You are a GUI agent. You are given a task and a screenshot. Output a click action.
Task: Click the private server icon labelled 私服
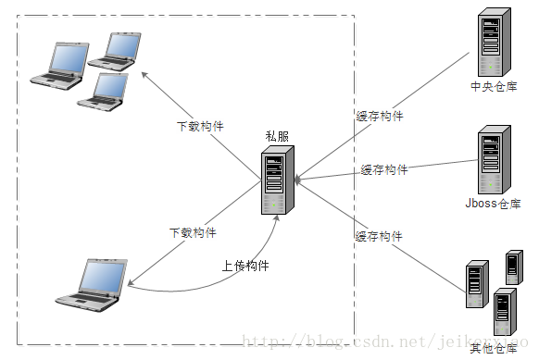pos(275,181)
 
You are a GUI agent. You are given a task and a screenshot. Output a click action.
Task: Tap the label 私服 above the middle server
pos(276,137)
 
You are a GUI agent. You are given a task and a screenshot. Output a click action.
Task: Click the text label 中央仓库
pos(493,87)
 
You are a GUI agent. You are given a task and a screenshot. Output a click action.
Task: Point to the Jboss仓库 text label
pos(493,204)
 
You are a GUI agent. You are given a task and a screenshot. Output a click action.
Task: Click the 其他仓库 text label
pos(493,348)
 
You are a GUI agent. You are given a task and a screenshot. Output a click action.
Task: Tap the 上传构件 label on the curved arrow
pos(245,266)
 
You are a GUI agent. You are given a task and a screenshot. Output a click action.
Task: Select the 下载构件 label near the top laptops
pos(200,126)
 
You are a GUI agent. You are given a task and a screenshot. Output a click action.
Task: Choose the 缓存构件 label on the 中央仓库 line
pos(380,117)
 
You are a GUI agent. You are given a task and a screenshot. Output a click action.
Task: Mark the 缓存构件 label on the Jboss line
pos(384,169)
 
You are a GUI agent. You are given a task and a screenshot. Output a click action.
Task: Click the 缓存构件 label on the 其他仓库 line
pos(379,237)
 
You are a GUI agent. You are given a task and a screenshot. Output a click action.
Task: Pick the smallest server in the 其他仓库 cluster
pos(512,267)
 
